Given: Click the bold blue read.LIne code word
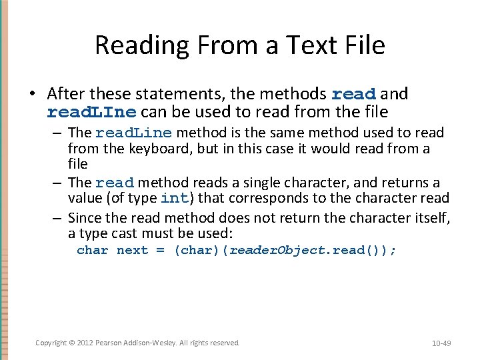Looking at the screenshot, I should click(x=91, y=111).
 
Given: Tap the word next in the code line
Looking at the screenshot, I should click(x=132, y=251).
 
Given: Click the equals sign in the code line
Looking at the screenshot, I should click(x=160, y=251).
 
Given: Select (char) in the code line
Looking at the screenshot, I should click(x=200, y=251).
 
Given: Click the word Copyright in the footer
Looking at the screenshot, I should click(x=51, y=343).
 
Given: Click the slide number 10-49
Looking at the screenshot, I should click(x=441, y=343).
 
